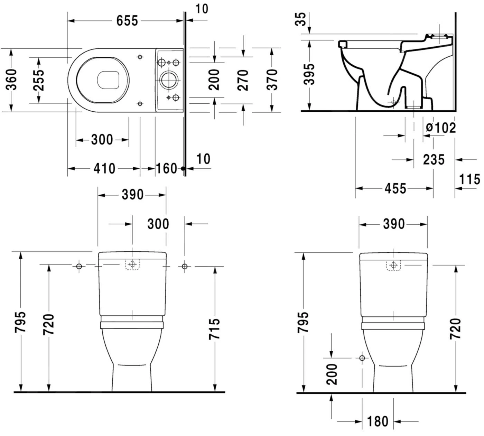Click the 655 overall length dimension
(127, 21)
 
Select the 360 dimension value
(12, 80)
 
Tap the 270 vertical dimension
(243, 80)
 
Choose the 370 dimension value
(272, 80)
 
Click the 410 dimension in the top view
(104, 168)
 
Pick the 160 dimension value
(166, 168)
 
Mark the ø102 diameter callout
(441, 128)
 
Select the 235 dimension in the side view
(434, 159)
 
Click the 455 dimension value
(395, 188)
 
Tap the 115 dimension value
(469, 179)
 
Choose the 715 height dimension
(214, 328)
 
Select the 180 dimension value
(377, 421)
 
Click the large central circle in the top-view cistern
(169, 80)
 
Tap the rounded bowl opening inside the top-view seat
(108, 80)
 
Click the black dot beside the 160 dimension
(183, 169)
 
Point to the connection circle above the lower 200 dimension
(362, 358)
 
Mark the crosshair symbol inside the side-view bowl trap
(393, 102)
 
